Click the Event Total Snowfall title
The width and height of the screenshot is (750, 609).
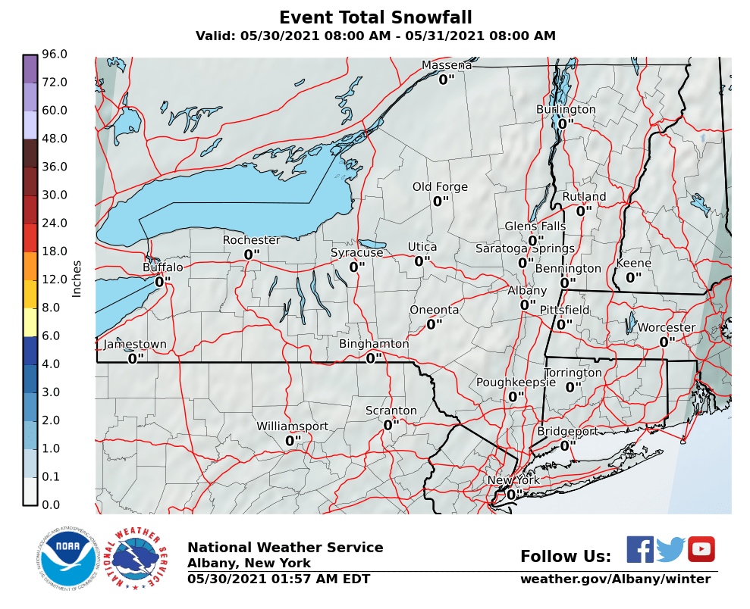pos(375,17)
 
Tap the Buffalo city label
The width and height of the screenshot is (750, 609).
pos(163,267)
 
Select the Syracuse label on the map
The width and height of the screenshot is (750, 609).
pos(356,252)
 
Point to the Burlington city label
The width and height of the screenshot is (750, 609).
pos(566,109)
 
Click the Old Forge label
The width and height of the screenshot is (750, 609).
pos(440,187)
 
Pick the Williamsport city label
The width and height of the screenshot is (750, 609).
pos(292,426)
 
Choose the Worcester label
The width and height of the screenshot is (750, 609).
pos(666,327)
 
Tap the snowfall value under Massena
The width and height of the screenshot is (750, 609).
pos(446,79)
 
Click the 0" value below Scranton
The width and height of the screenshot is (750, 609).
pos(391,425)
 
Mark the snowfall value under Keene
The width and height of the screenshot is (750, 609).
pos(633,278)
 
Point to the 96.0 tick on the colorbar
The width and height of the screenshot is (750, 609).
pos(55,54)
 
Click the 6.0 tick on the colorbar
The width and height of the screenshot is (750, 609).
pos(55,336)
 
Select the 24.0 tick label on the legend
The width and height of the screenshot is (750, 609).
pos(55,223)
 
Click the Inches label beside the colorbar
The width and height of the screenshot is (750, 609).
pos(77,280)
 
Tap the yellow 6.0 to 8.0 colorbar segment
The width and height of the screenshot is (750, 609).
pos(30,322)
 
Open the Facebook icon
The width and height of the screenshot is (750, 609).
pos(640,549)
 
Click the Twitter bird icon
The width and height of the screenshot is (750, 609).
pos(670,549)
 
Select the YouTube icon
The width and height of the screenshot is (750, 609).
pos(701,549)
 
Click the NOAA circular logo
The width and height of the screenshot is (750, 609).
pos(69,561)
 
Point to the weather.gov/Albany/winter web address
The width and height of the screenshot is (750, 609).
pos(615,579)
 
